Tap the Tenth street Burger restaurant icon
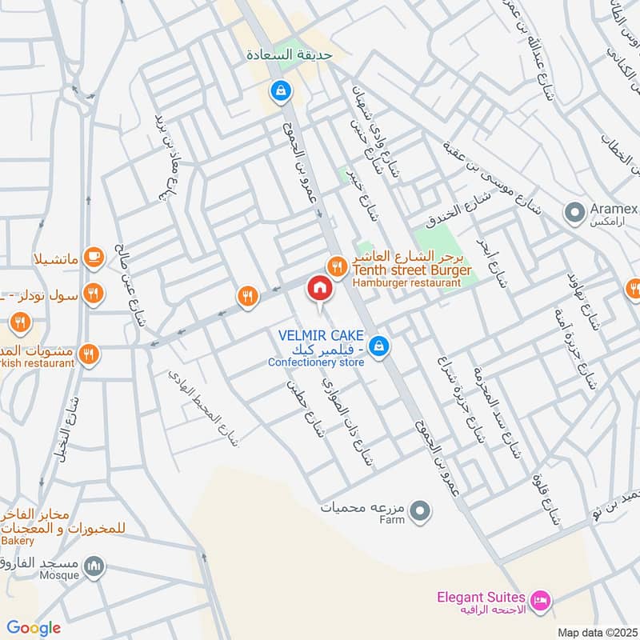tap(337, 264)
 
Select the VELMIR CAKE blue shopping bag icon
tap(381, 346)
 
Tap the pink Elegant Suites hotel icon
tap(541, 598)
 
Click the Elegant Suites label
tap(481, 598)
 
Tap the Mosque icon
tap(95, 568)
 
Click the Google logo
tap(34, 628)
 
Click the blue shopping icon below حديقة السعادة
tap(279, 91)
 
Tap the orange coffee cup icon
tap(94, 258)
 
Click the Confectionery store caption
tap(316, 362)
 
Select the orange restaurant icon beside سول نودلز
tap(94, 294)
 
